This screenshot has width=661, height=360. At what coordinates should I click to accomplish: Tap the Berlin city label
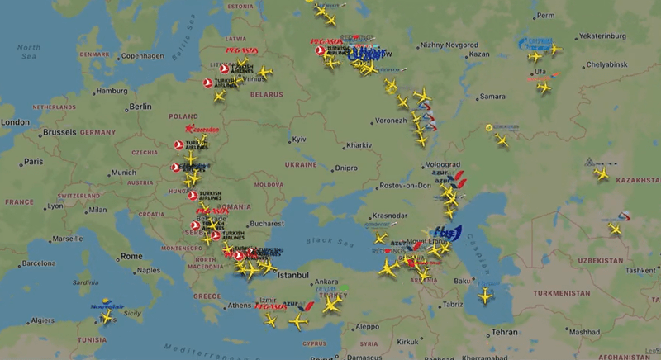(x=141, y=107)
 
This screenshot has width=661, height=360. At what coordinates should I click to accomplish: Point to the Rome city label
(x=131, y=256)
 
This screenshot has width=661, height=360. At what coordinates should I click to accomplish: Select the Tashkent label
(x=640, y=270)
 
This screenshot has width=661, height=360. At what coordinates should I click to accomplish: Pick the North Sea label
(x=29, y=52)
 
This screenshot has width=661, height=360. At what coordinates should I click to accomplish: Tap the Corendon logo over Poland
(x=202, y=130)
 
